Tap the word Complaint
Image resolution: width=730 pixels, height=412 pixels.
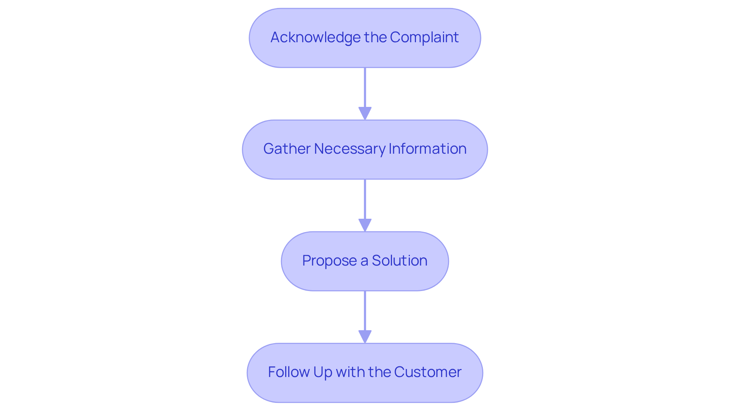[x=424, y=37]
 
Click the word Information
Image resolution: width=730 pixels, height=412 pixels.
[x=427, y=149]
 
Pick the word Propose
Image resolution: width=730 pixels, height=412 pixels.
[x=329, y=261]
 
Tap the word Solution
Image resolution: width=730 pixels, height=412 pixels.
[x=399, y=261]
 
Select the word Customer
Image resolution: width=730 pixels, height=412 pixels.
[x=427, y=372]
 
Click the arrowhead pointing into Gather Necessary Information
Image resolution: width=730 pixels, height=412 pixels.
[x=365, y=113]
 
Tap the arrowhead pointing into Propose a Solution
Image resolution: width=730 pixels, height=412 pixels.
[x=365, y=225]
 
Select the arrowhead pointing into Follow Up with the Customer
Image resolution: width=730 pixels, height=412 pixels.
[x=365, y=336]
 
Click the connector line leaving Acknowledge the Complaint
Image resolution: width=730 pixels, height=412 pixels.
[x=365, y=87]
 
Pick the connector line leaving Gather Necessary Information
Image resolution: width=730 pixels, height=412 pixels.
[x=365, y=199]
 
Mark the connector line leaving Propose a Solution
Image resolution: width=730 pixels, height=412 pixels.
[x=365, y=310]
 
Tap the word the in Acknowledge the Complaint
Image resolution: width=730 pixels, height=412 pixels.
[x=375, y=37]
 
